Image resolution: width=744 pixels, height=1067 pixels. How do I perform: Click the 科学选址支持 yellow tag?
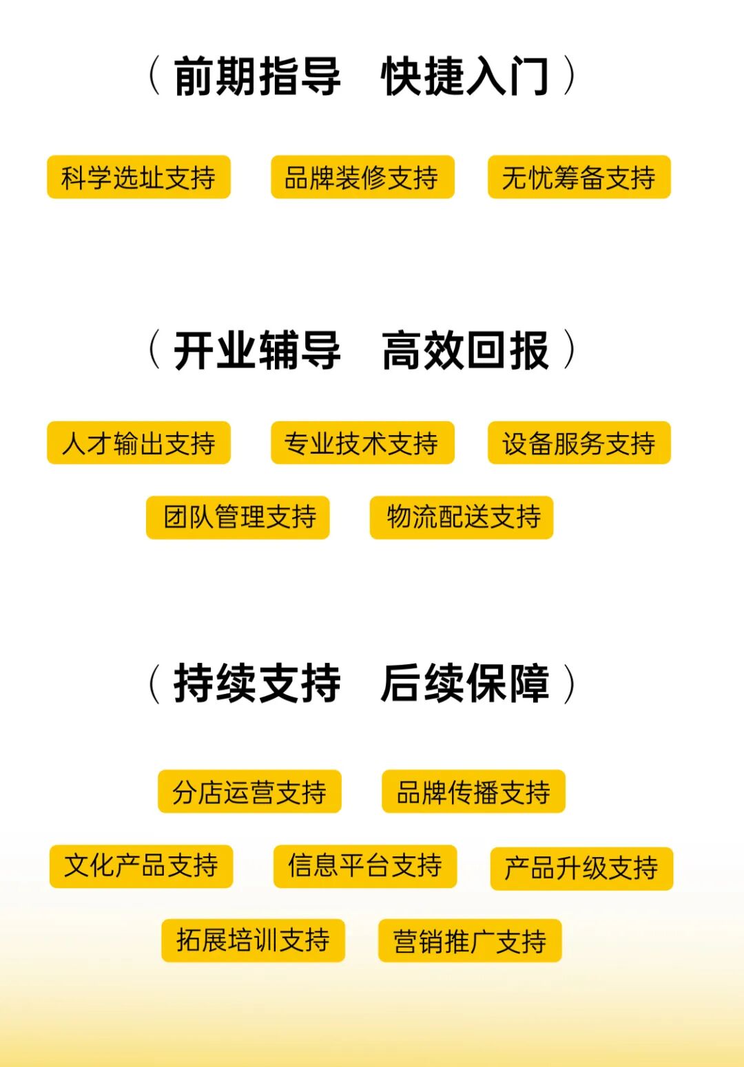pyautogui.click(x=138, y=178)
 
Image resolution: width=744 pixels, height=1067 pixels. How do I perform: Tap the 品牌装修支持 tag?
pyautogui.click(x=362, y=178)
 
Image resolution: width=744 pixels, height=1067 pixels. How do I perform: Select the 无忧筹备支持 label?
pyautogui.click(x=579, y=178)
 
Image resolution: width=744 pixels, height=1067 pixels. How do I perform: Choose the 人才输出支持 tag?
pyautogui.click(x=138, y=443)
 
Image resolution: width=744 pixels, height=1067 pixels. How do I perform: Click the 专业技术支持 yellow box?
pyautogui.click(x=362, y=443)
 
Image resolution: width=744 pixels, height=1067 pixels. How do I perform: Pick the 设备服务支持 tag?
pyautogui.click(x=579, y=443)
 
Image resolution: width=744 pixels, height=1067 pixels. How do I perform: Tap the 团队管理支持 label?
pyautogui.click(x=238, y=517)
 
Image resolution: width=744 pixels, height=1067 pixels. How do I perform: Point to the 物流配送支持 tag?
pyautogui.click(x=462, y=517)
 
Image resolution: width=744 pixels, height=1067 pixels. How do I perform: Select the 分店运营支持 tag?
pyautogui.click(x=249, y=792)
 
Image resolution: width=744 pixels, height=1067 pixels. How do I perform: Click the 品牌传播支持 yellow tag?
pyautogui.click(x=473, y=792)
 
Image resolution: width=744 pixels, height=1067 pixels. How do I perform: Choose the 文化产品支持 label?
pyautogui.click(x=141, y=866)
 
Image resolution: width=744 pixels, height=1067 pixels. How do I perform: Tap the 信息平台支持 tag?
pyautogui.click(x=365, y=866)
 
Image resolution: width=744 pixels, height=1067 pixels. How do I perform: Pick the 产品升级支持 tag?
pyautogui.click(x=581, y=868)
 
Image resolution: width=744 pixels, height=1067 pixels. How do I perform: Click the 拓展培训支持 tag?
pyautogui.click(x=253, y=940)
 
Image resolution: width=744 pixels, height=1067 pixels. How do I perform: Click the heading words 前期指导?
pyautogui.click(x=257, y=76)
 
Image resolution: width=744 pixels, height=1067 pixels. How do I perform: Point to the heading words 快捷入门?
pyautogui.click(x=465, y=76)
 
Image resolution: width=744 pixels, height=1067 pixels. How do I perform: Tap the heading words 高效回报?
pyautogui.click(x=465, y=350)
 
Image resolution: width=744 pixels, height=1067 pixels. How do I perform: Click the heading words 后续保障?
pyautogui.click(x=465, y=683)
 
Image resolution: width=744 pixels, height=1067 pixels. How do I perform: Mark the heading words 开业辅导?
pyautogui.click(x=257, y=350)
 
